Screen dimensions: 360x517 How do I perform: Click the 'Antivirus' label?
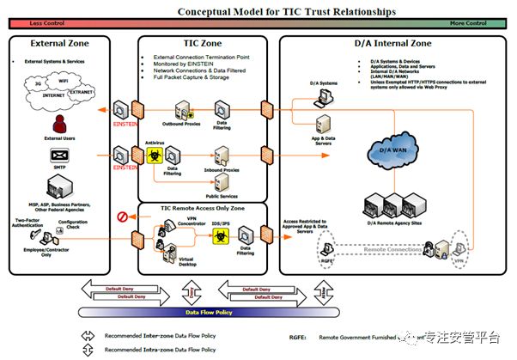click(155, 142)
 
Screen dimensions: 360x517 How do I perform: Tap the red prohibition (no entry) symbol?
click(122, 216)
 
